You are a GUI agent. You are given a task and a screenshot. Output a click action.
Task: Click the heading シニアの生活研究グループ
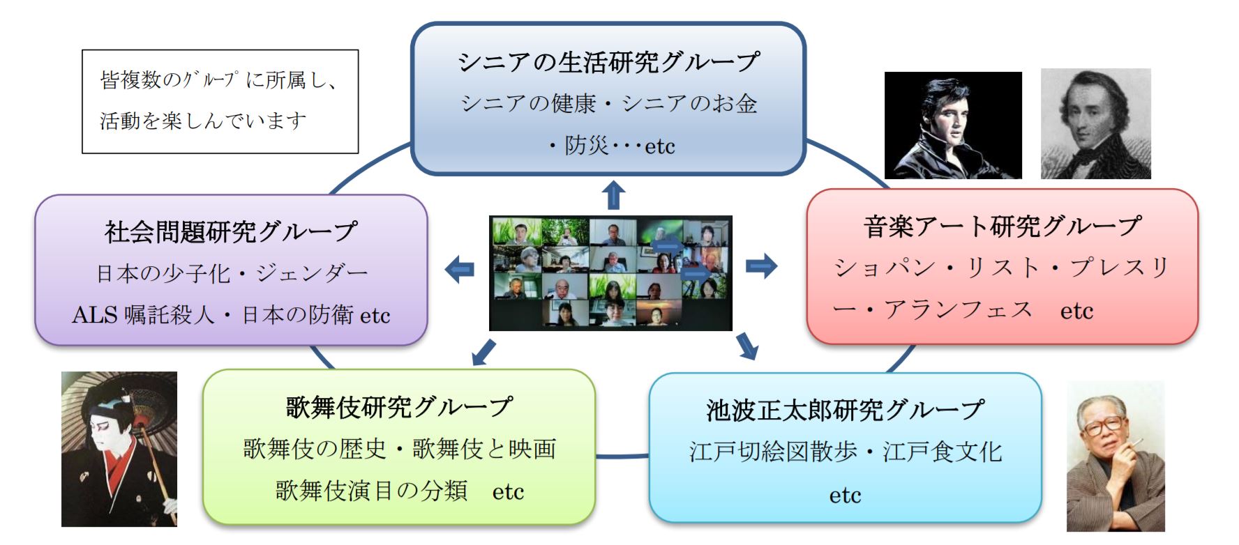coord(608,62)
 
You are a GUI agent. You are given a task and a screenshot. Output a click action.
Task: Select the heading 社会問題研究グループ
coord(231,231)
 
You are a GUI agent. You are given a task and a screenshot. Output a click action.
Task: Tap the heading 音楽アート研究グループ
coord(1002,226)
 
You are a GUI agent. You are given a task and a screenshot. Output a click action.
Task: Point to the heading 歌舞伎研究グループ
coord(399,407)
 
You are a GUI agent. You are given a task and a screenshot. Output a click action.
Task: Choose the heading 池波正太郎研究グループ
coord(845,410)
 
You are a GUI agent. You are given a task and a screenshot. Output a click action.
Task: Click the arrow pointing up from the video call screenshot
coord(613,195)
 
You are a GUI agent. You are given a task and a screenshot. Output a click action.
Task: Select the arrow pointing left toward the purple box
coord(460,269)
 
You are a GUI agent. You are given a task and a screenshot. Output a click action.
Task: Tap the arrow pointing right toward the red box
coord(761,266)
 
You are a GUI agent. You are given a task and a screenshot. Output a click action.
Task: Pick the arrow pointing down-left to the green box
coord(484,352)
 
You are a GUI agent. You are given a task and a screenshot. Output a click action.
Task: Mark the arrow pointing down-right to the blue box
coord(747,346)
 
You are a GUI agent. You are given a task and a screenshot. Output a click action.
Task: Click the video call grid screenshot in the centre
coord(610,272)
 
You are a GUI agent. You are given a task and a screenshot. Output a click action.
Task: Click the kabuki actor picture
coord(119,449)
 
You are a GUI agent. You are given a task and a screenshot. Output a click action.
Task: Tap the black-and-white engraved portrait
coord(1095,123)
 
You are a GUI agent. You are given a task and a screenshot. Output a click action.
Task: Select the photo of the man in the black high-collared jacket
coord(953,125)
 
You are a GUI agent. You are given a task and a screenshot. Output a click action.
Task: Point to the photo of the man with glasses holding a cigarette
coord(1116,456)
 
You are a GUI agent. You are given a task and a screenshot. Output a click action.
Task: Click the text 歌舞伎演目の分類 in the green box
coord(371,491)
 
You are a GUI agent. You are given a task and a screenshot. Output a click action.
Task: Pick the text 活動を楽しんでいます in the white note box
coord(203,121)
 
